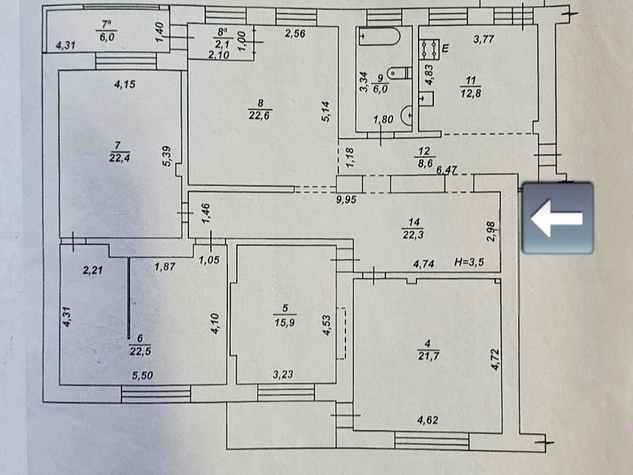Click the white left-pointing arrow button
(557, 218)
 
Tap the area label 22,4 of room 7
(119, 157)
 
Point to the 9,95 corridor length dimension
(346, 199)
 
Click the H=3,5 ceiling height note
(469, 262)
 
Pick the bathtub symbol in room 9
(380, 36)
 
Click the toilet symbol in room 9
(400, 73)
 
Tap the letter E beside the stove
(445, 49)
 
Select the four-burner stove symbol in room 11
(429, 49)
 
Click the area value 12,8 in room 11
(470, 93)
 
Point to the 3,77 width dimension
(483, 39)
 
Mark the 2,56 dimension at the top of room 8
(295, 34)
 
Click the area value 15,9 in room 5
(285, 323)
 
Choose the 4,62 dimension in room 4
(427, 420)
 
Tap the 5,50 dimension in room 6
(142, 375)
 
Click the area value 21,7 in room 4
(429, 356)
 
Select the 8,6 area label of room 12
(425, 164)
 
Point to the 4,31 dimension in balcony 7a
(65, 45)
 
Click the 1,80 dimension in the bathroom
(383, 119)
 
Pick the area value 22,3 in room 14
(413, 234)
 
